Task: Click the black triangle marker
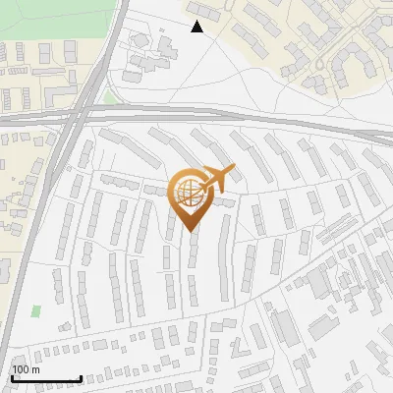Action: tap(197, 27)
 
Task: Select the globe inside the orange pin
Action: tap(187, 193)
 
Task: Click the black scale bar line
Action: tap(46, 379)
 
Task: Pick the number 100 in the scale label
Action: tap(21, 369)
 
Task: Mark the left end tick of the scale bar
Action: tap(12, 377)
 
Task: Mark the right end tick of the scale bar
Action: tap(81, 377)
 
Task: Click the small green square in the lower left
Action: tap(36, 310)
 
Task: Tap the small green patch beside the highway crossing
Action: tap(110, 97)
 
